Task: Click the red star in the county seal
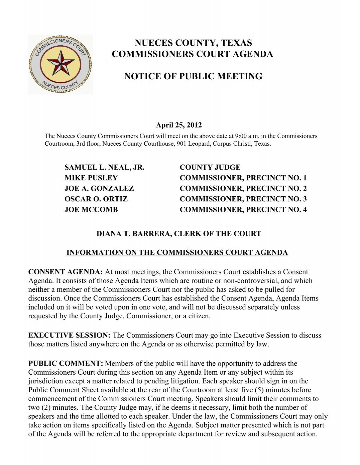tap(61, 63)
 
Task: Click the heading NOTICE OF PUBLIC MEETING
tap(193, 76)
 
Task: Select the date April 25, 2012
tap(178, 125)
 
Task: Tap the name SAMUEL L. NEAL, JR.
tap(104, 168)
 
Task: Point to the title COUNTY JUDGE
tap(210, 168)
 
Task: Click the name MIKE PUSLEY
tap(91, 178)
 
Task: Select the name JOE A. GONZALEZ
tap(99, 189)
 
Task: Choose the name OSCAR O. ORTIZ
tap(96, 199)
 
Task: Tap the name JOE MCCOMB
tap(91, 210)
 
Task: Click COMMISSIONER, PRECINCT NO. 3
tap(243, 199)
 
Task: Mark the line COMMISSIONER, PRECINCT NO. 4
tap(243, 210)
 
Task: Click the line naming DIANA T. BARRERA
tap(178, 234)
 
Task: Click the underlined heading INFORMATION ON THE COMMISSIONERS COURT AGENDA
tap(177, 252)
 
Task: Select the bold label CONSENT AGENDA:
tap(65, 272)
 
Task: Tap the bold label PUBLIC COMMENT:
tap(65, 364)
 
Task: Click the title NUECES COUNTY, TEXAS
tap(193, 43)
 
